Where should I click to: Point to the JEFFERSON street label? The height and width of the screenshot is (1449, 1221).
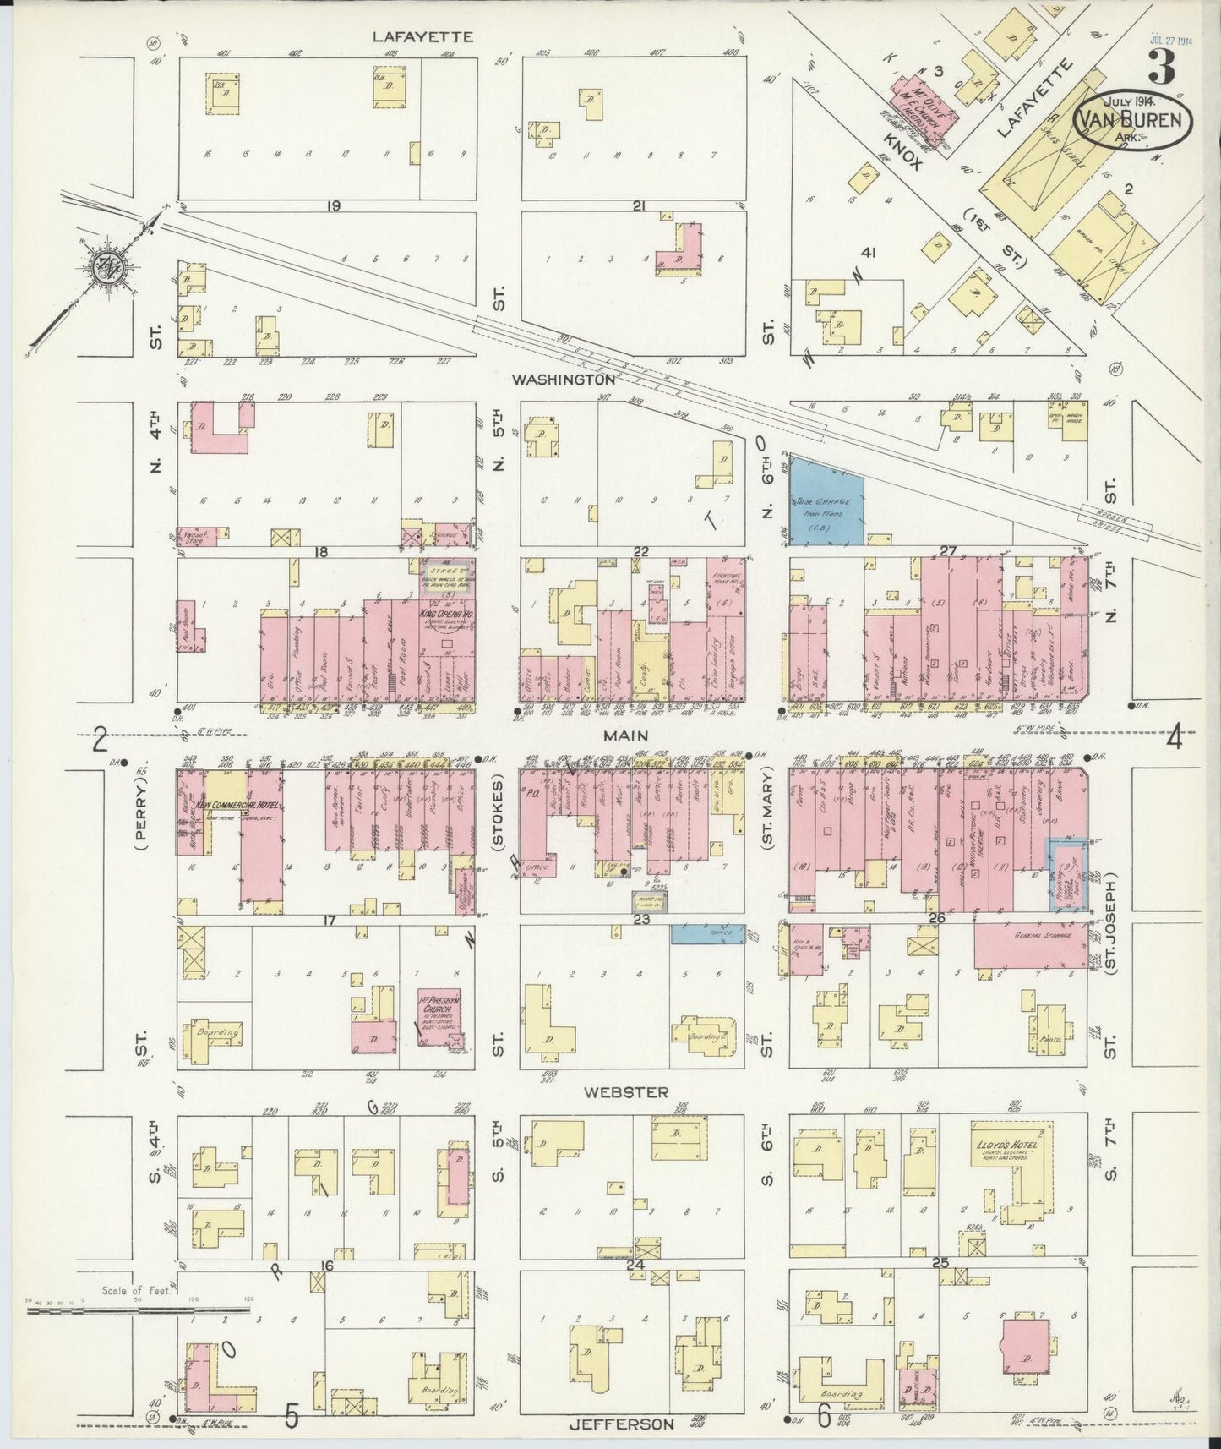(x=623, y=1423)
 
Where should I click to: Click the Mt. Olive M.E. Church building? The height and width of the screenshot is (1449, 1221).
(x=918, y=105)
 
